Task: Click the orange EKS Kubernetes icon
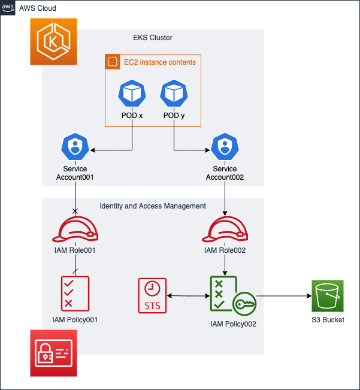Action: [x=55, y=41]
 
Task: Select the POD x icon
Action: [x=132, y=94]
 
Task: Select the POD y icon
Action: [x=174, y=94]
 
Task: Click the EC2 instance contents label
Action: [x=159, y=62]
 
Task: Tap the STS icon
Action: [x=152, y=295]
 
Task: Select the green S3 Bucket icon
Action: [x=328, y=295]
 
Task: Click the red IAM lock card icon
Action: [x=55, y=353]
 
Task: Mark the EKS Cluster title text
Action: [x=153, y=38]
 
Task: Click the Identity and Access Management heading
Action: [x=153, y=206]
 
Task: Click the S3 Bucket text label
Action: [x=328, y=320]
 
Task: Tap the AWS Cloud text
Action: [x=37, y=8]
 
